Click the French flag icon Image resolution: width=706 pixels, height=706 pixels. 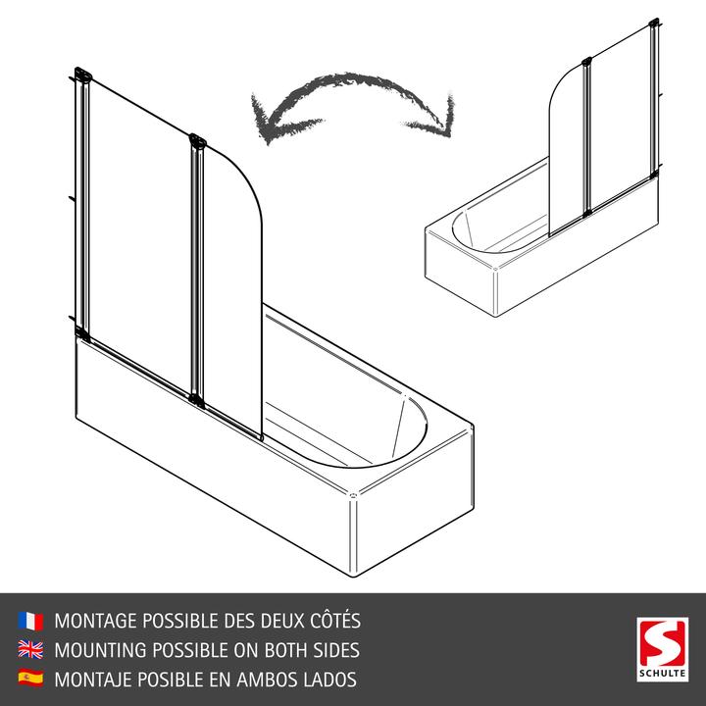(x=30, y=621)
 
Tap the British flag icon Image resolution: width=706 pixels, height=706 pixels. (x=30, y=649)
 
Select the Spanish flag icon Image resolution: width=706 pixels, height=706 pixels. (x=30, y=678)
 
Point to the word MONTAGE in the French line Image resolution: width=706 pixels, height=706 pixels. (x=98, y=621)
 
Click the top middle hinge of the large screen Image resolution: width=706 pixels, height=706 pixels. (x=197, y=143)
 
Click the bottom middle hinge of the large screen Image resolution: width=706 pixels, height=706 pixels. (x=198, y=398)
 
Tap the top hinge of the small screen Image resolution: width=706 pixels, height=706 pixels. (x=586, y=65)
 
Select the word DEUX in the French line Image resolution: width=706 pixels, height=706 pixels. (x=258, y=621)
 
